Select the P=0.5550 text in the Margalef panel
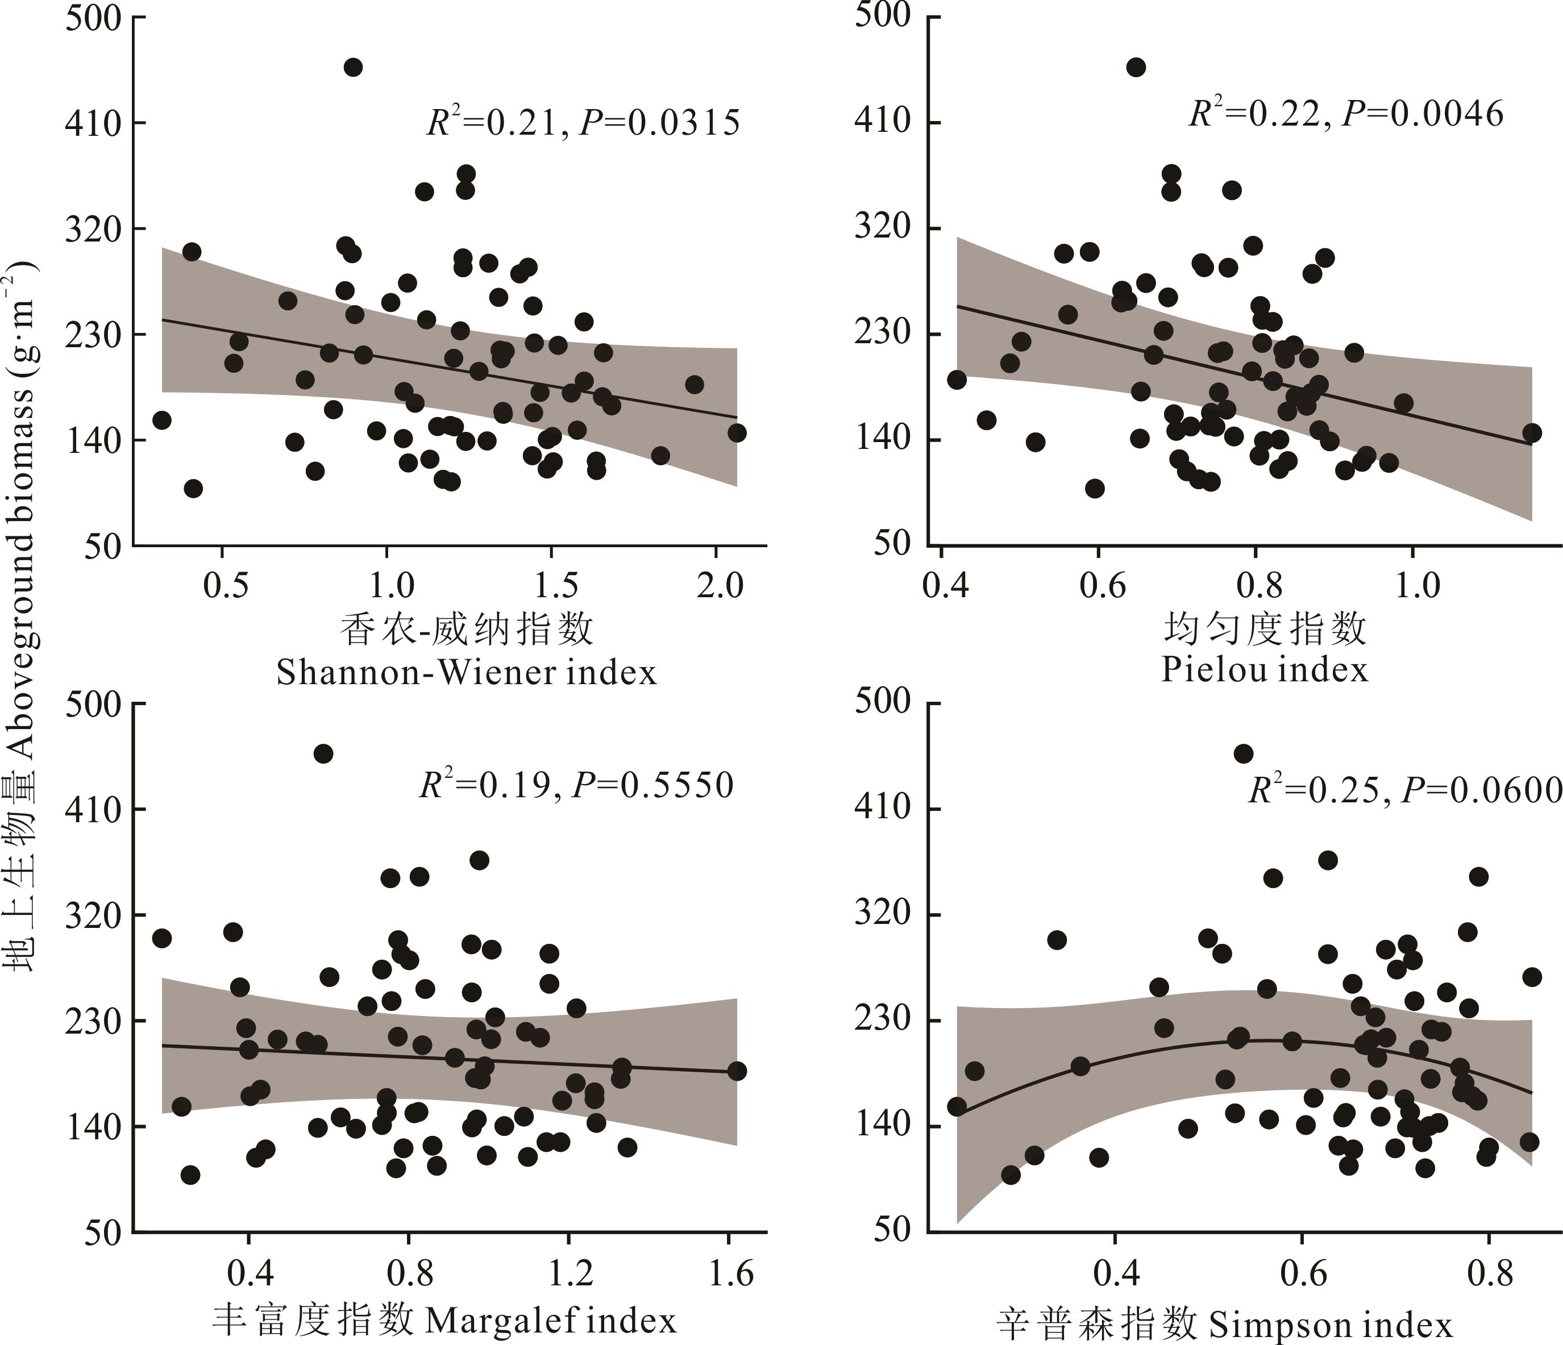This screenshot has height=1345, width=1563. tap(652, 785)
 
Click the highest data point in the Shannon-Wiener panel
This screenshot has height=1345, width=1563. tap(353, 68)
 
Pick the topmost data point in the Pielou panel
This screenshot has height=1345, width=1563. tap(1136, 68)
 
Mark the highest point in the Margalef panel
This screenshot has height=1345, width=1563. tap(323, 753)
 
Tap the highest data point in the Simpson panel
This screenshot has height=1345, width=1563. tap(1244, 753)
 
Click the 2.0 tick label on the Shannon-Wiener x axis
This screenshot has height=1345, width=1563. tap(720, 586)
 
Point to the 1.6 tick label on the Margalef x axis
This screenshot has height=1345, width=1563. tap(730, 1273)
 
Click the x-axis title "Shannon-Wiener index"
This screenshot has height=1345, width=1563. tap(466, 672)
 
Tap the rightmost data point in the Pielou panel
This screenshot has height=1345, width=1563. tap(1531, 433)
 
